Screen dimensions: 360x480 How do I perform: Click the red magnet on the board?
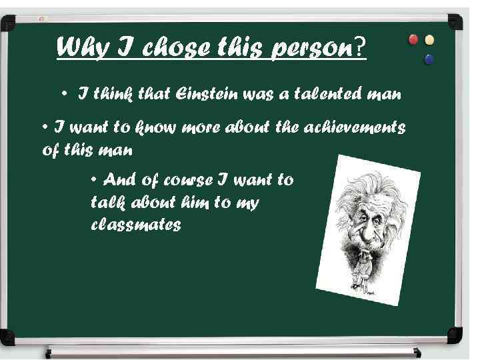[x=413, y=40]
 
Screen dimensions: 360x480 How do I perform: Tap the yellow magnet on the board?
[x=430, y=40]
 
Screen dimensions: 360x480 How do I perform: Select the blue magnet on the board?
[x=429, y=59]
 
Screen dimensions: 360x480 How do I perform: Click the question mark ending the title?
[x=361, y=47]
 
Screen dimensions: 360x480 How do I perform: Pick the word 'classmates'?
[x=135, y=225]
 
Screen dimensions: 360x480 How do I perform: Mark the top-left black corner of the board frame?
[x=8, y=24]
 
